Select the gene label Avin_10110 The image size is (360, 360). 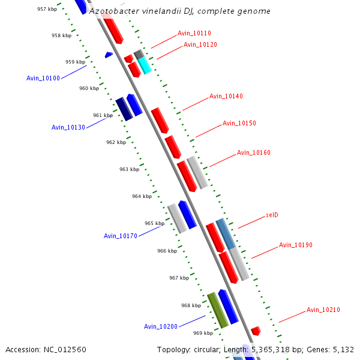click(x=194, y=34)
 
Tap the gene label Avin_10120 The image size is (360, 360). click(x=200, y=45)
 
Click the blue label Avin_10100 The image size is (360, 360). click(x=43, y=79)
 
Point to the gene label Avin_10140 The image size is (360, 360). click(x=226, y=97)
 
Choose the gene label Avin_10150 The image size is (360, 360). click(x=239, y=124)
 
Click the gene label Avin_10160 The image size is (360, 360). click(x=253, y=153)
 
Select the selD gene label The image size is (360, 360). click(x=272, y=215)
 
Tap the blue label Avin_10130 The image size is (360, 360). click(x=68, y=127)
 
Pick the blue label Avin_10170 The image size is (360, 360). click(x=121, y=236)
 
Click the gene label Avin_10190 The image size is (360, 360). click(x=295, y=245)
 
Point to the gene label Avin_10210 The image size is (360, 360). click(x=323, y=310)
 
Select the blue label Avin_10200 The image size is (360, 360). click(x=160, y=327)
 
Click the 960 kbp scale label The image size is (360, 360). click(x=89, y=89)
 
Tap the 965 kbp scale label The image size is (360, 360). click(x=154, y=223)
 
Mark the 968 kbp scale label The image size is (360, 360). click(x=191, y=305)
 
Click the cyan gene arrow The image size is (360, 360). click(x=145, y=65)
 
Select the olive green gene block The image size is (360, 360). click(x=217, y=310)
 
